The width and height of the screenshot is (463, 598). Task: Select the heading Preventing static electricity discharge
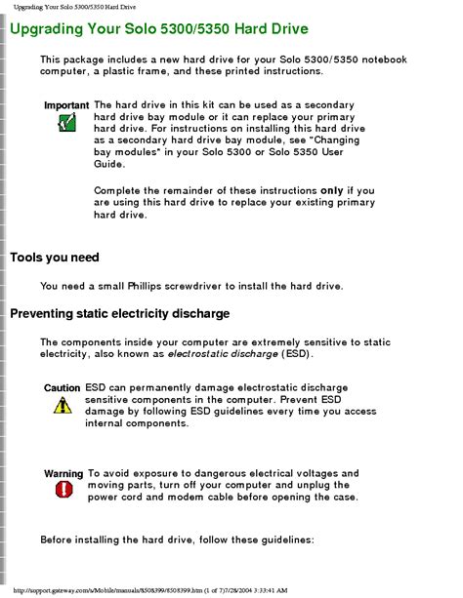point(119,314)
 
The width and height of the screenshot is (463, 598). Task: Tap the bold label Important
point(66,105)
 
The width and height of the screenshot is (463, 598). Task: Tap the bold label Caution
point(62,388)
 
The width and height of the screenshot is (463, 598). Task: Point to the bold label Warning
point(63,474)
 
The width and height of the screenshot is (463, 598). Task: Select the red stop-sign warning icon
point(64,490)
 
